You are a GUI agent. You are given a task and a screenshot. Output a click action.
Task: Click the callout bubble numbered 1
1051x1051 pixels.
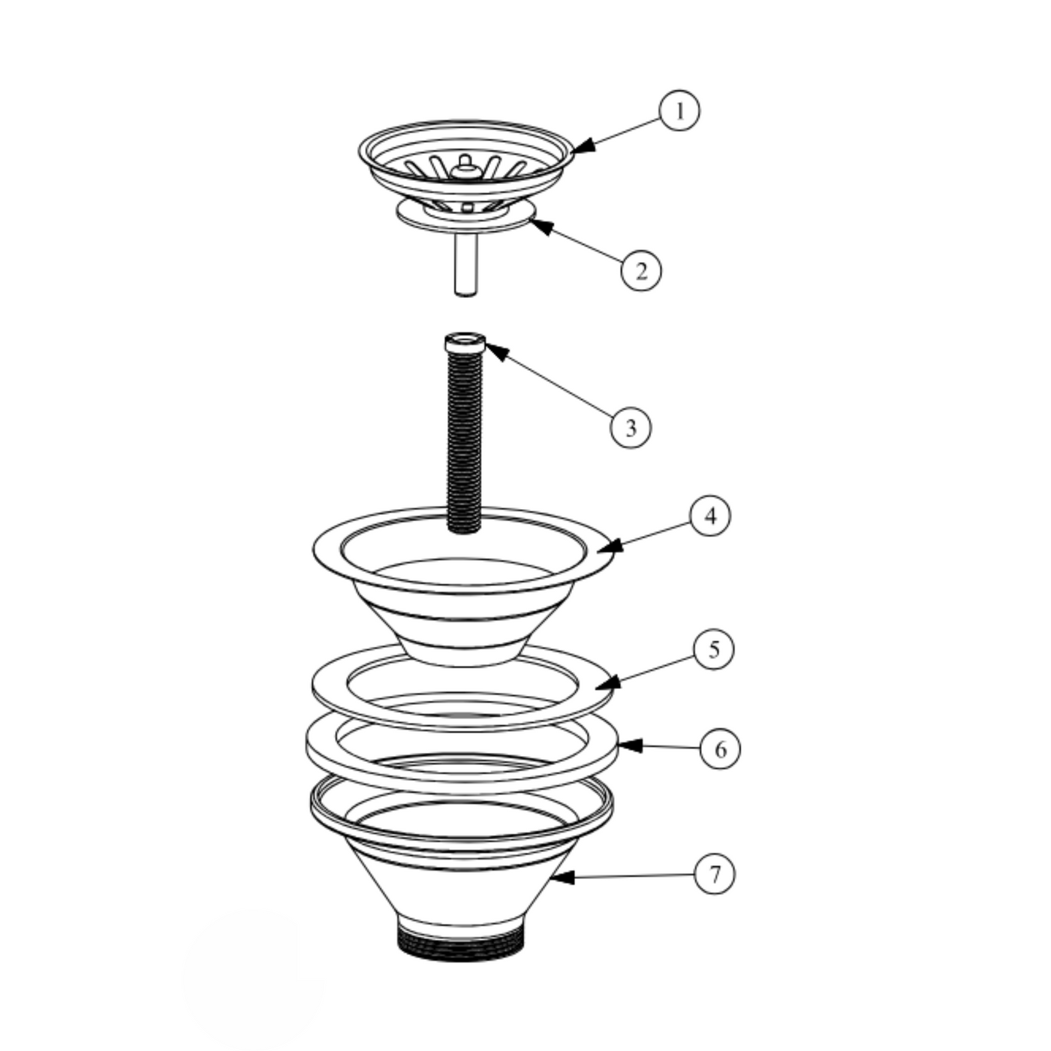679,110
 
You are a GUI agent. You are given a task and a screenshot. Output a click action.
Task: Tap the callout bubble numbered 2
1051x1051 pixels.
641,270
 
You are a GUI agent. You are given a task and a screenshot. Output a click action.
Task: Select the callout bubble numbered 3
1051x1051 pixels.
631,428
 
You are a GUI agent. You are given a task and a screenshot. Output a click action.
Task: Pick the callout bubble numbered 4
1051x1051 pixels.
710,516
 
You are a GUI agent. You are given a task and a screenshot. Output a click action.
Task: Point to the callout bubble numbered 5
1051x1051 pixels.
714,649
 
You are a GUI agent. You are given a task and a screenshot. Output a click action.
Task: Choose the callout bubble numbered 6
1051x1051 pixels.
721,750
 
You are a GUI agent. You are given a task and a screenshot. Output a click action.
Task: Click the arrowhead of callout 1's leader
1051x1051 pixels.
583,146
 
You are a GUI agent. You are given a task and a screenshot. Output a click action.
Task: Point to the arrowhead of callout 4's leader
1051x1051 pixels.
610,547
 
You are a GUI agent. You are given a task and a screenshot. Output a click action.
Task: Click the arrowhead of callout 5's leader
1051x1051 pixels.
607,683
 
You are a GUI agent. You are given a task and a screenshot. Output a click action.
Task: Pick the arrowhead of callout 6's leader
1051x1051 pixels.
630,746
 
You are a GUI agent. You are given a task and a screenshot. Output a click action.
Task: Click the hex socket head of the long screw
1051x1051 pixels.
465,344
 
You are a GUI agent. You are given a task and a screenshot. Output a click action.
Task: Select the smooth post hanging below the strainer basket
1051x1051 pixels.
465,264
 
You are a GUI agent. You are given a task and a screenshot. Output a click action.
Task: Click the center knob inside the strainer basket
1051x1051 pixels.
465,167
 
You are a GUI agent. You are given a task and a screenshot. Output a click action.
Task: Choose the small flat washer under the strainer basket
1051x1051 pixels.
465,216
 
